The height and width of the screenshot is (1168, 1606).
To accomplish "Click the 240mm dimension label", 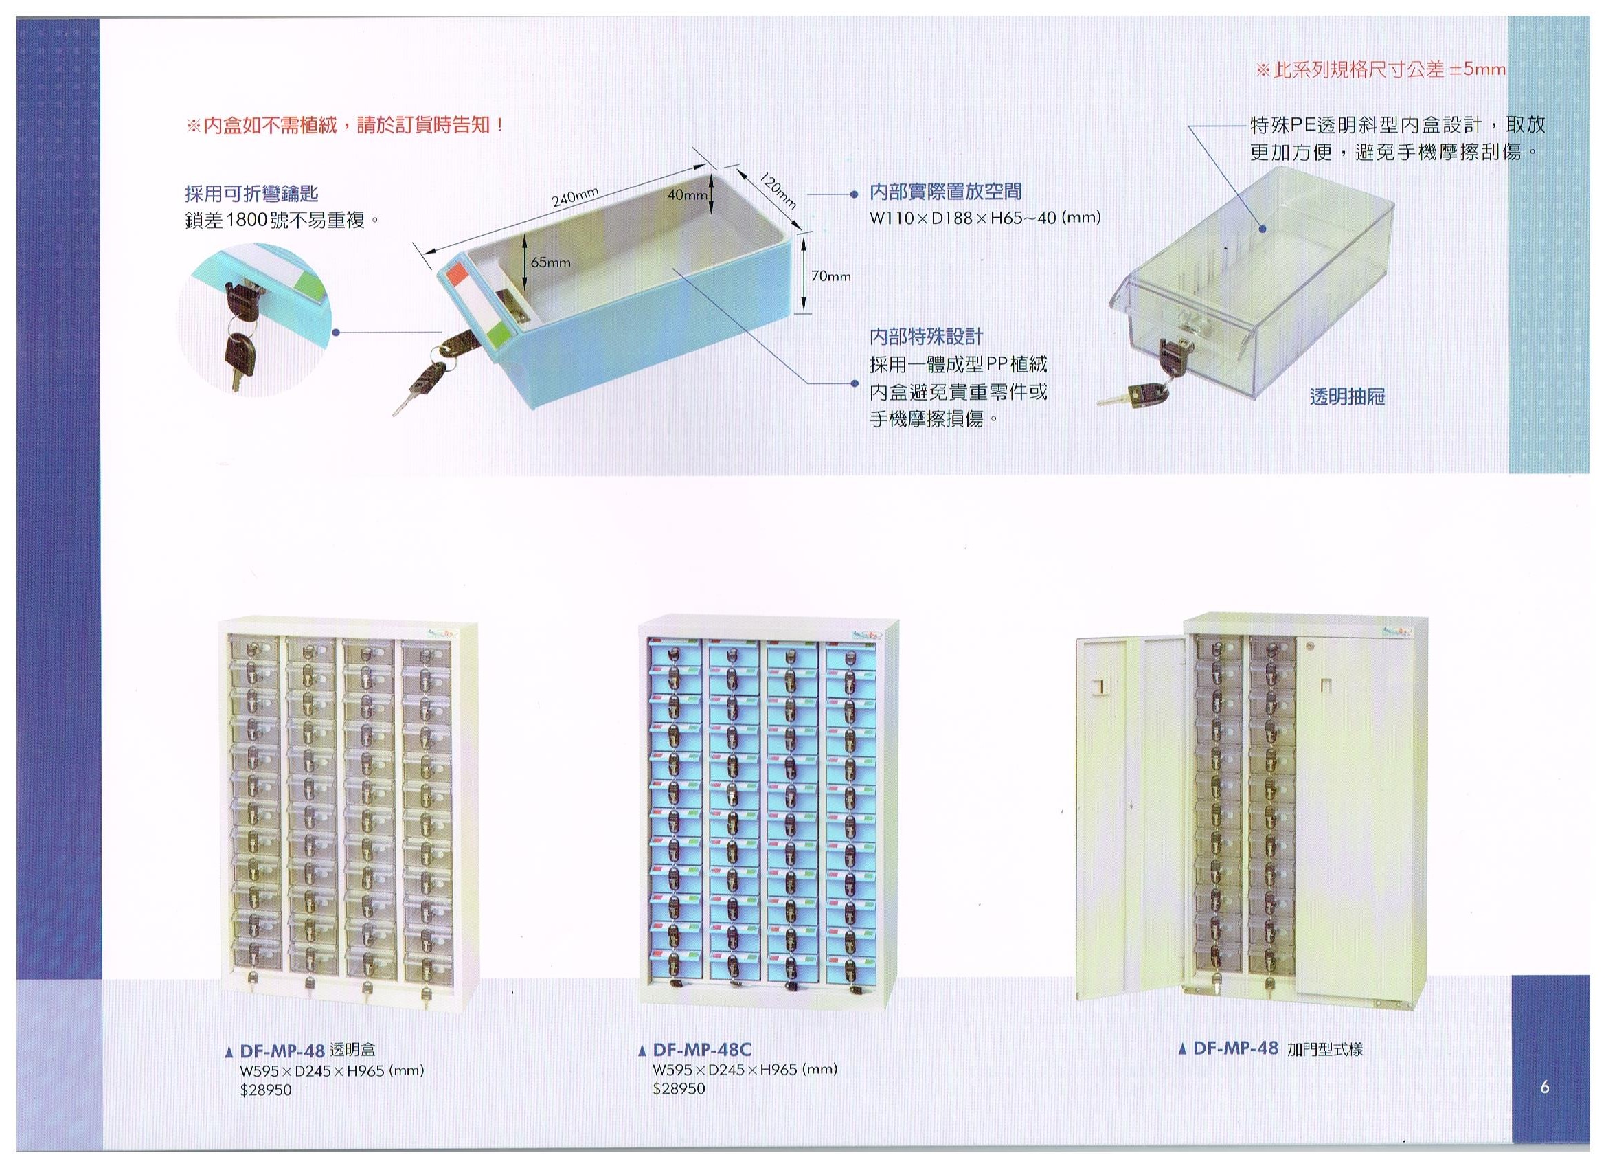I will [x=576, y=197].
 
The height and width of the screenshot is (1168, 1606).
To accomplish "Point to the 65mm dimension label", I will [x=551, y=262].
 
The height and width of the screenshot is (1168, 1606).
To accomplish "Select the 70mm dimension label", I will [x=830, y=276].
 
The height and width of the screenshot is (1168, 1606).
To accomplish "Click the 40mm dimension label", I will [x=687, y=195].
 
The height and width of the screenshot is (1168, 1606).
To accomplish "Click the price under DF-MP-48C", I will [x=679, y=1089].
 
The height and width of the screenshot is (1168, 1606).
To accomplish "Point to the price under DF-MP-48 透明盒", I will [x=266, y=1090].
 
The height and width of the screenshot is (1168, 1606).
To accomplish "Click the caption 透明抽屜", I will [x=1347, y=397].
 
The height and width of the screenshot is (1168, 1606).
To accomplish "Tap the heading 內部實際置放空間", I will [x=945, y=192].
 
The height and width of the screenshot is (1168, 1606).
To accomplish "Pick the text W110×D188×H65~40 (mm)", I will [x=985, y=219].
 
